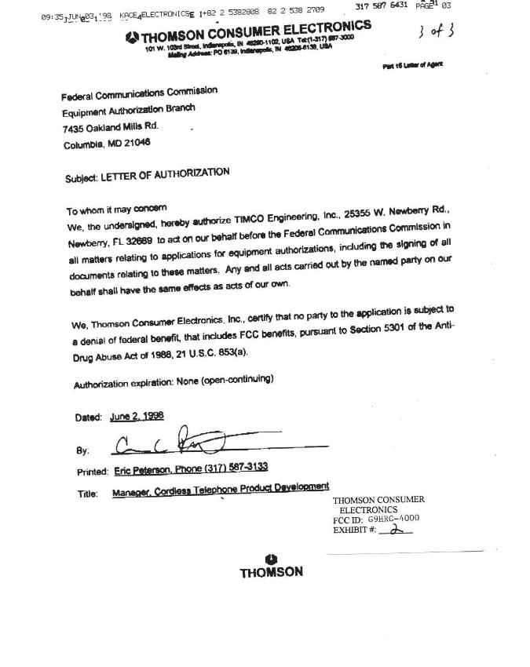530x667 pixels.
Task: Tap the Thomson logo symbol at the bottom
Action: pos(272,558)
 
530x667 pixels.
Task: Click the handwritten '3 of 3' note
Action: pos(433,32)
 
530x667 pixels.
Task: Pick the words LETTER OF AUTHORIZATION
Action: pos(164,174)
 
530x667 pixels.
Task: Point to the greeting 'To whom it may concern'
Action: pos(117,210)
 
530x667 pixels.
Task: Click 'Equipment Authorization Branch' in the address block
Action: pos(127,110)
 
